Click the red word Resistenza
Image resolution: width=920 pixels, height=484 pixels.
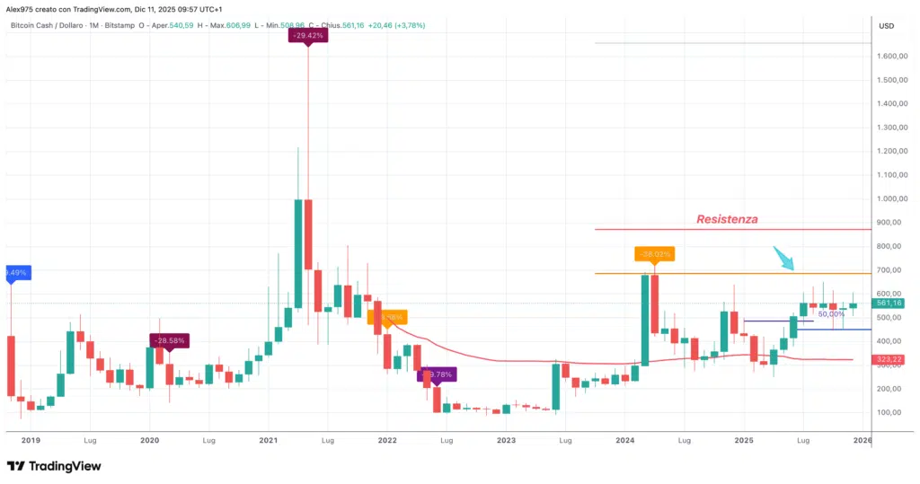728,219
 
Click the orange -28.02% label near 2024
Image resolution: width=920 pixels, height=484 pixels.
653,254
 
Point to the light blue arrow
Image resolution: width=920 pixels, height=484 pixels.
784,259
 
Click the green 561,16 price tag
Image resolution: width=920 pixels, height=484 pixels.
889,304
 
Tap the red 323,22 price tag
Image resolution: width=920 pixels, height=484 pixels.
889,359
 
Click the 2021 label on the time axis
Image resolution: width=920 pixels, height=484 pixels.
269,441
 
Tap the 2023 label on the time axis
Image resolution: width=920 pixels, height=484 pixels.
506,441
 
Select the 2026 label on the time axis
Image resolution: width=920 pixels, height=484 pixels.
862,441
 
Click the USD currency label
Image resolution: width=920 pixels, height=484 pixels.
887,25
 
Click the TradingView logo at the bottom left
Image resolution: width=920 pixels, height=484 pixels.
54,466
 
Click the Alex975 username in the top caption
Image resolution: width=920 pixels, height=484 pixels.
22,7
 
